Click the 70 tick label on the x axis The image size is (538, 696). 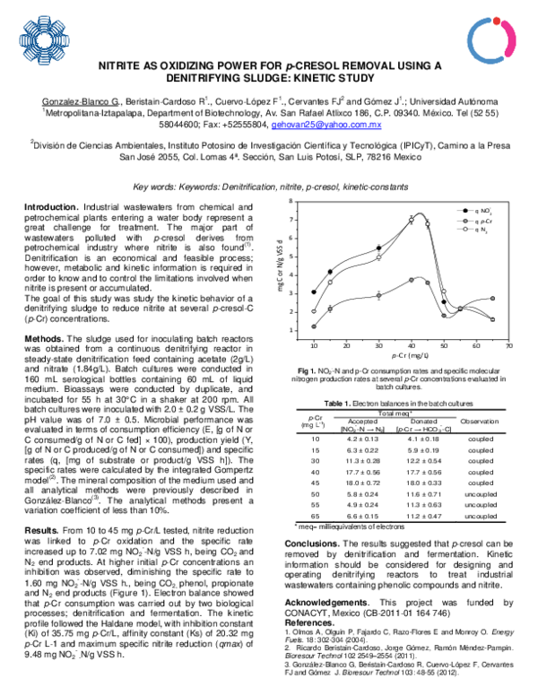click(508, 344)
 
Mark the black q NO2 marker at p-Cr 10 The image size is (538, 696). click(314, 291)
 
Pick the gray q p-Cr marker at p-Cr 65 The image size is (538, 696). click(492, 299)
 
